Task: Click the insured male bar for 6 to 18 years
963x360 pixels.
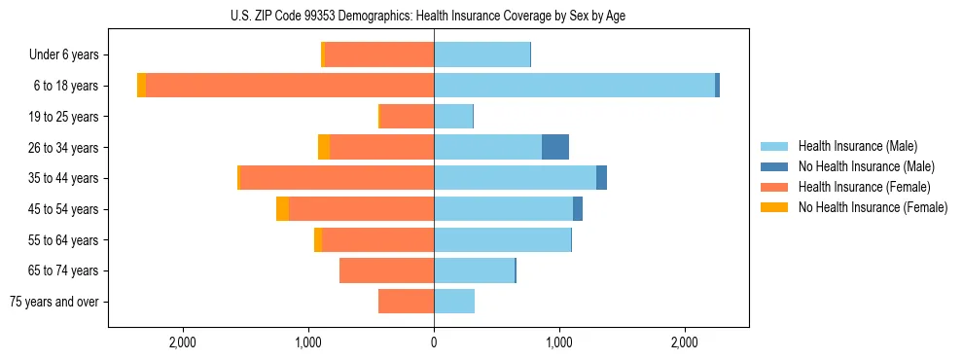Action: [x=574, y=86]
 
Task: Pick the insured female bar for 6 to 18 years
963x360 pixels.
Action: [x=290, y=86]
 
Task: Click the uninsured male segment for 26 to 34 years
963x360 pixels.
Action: [x=555, y=147]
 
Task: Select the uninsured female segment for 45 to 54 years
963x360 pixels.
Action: [x=282, y=209]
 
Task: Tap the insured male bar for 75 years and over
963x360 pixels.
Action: [x=454, y=302]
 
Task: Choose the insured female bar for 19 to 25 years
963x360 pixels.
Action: [x=407, y=117]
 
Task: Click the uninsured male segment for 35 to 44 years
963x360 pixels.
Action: [x=602, y=178]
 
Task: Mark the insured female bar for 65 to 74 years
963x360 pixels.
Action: [x=387, y=270]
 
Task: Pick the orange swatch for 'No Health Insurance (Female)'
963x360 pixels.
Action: [x=774, y=207]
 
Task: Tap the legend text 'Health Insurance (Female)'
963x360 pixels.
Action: [x=864, y=187]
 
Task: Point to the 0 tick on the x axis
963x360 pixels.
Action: [x=434, y=342]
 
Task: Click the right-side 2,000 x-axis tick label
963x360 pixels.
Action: [x=684, y=342]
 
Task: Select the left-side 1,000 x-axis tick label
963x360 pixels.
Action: [x=308, y=342]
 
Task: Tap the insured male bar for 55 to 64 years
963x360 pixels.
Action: [x=502, y=240]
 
